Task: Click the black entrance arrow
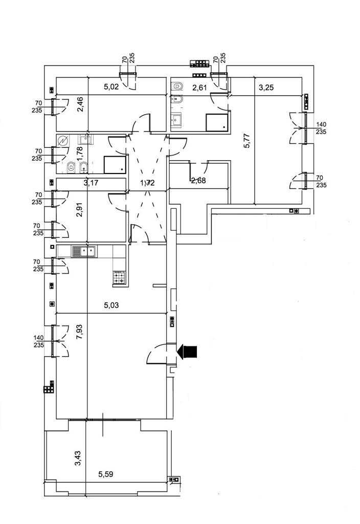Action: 188,352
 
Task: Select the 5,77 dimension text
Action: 247,141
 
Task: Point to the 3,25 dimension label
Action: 266,88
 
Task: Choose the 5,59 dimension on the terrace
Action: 106,474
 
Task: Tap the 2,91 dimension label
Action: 79,211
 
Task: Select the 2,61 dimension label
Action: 199,88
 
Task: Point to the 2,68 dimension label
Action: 198,180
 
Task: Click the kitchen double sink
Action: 84,251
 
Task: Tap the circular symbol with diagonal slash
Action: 63,141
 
